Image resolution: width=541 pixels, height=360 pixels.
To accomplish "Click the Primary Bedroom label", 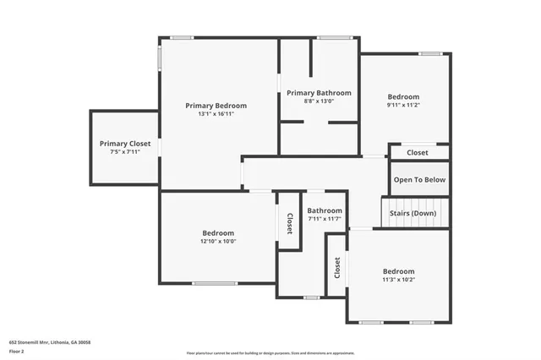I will tap(216, 106).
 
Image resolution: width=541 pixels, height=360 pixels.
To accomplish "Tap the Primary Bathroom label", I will tap(319, 93).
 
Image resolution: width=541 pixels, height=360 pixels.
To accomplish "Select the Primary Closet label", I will tap(125, 144).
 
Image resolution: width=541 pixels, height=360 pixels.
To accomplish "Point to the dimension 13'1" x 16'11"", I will tap(216, 114).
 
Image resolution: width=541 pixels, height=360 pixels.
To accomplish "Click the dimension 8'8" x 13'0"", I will tap(319, 101).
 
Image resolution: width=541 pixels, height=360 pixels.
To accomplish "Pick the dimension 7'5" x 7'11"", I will tap(125, 152).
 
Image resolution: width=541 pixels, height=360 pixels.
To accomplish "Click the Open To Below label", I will tap(419, 179).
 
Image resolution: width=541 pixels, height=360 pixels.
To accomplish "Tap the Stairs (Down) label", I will tap(413, 213).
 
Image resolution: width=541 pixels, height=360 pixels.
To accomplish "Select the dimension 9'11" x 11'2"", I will tap(404, 106).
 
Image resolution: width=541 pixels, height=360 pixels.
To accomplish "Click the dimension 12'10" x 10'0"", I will tap(218, 242).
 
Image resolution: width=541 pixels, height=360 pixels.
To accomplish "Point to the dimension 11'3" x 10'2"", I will tap(399, 280).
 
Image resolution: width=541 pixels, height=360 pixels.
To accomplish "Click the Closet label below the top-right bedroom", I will tap(418, 153).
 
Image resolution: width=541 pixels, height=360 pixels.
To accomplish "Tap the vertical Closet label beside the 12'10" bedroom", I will tap(289, 224).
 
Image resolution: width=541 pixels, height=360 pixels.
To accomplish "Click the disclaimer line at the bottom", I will tap(270, 353).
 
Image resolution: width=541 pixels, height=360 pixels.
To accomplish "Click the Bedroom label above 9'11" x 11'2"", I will tap(404, 96).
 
